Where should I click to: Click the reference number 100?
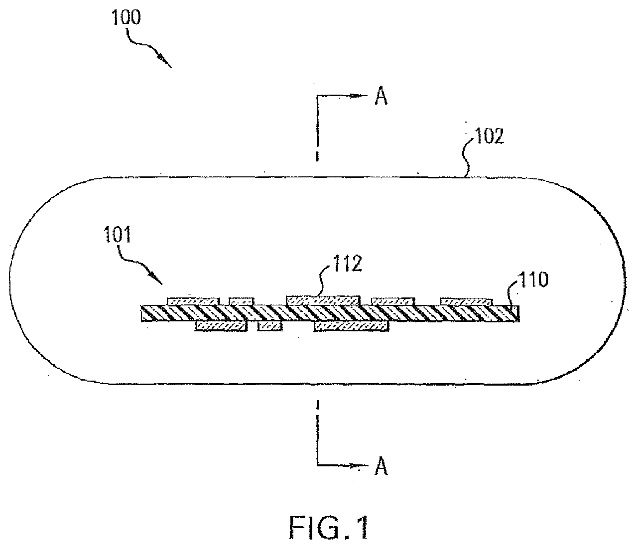(127, 18)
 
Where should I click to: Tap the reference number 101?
(117, 235)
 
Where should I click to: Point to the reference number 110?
(533, 280)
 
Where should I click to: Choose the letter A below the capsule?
(381, 467)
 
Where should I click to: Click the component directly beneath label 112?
(323, 300)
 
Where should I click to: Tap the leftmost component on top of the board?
(193, 301)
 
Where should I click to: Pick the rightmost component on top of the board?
(466, 301)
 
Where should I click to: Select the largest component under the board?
(352, 326)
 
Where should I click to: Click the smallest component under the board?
(269, 326)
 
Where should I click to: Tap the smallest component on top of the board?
(242, 301)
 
